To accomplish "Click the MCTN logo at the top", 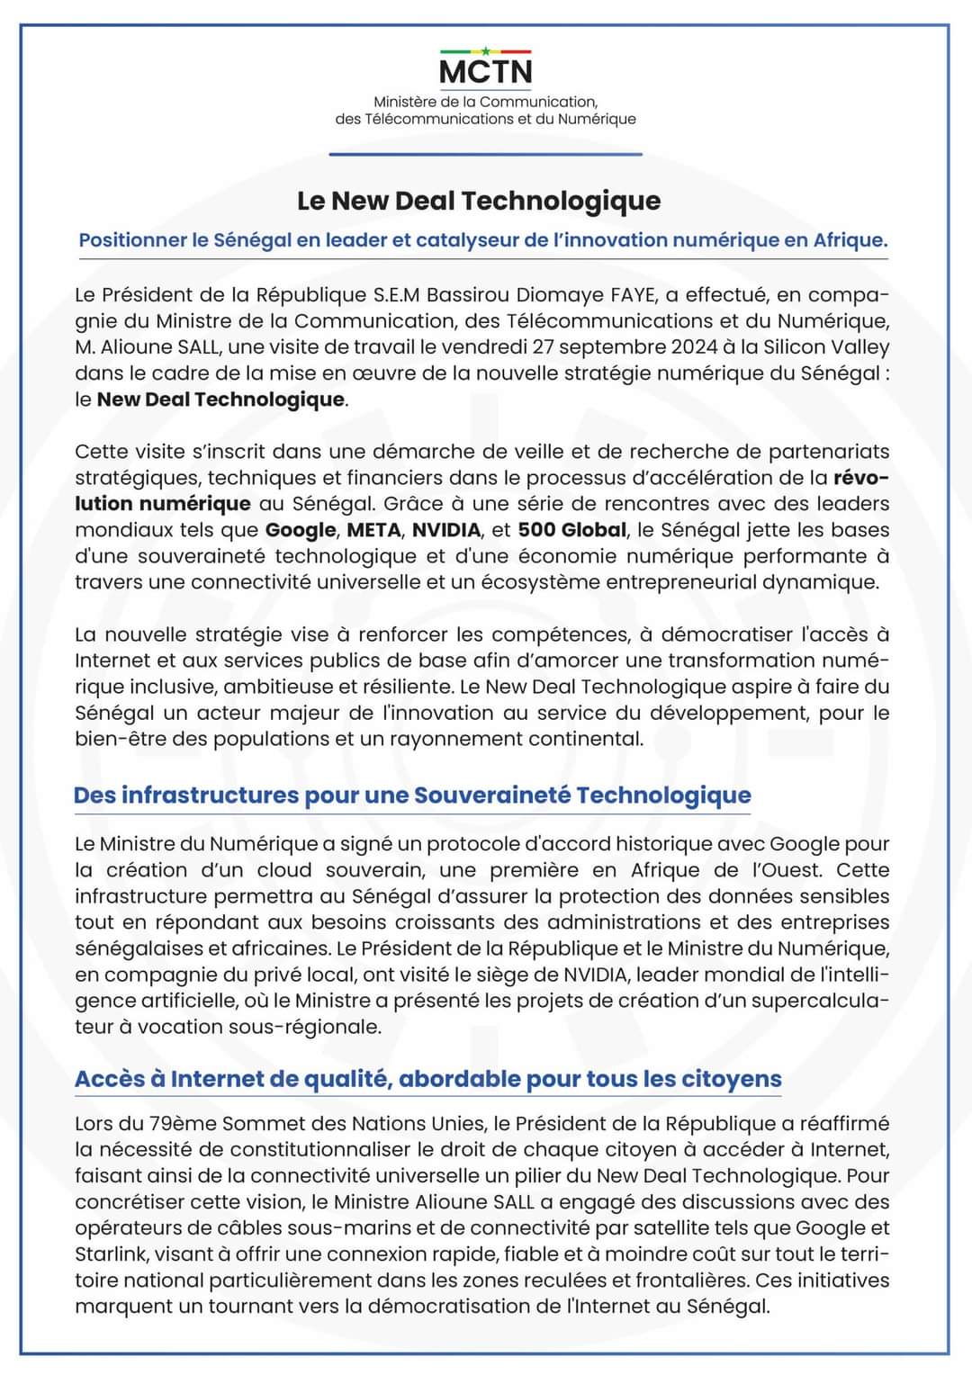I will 485,68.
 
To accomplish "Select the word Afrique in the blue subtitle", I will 849,240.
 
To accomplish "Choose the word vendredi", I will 486,347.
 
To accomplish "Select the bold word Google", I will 301,530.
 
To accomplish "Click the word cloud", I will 284,871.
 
